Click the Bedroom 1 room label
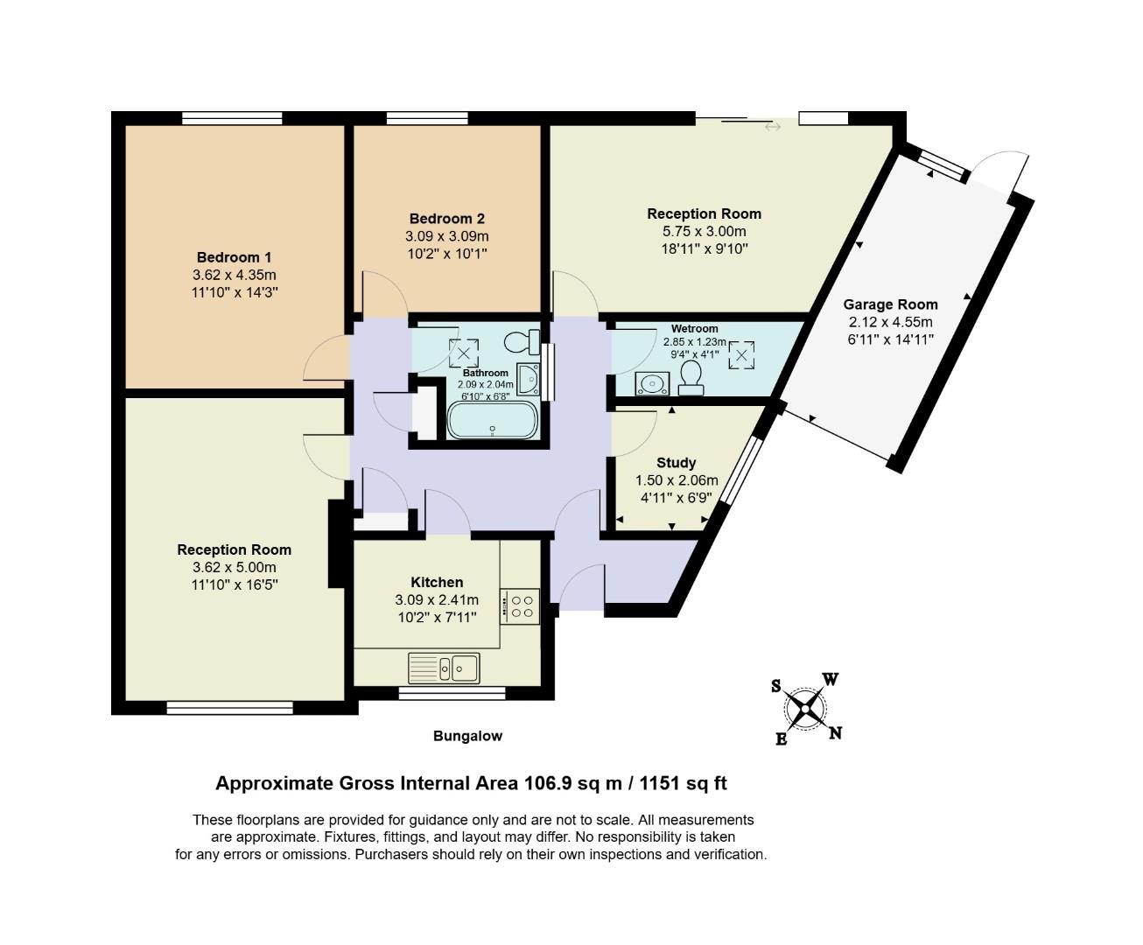(x=234, y=257)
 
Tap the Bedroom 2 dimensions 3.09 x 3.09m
(x=446, y=236)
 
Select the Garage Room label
(x=890, y=304)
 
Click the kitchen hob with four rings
(x=522, y=606)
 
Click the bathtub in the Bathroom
(x=493, y=421)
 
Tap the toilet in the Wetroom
(x=691, y=379)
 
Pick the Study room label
(x=676, y=462)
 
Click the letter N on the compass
(x=835, y=733)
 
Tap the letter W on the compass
(x=831, y=680)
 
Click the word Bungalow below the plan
(x=467, y=736)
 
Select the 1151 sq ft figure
(x=683, y=783)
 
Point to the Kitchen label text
(x=437, y=582)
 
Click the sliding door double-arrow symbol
(x=772, y=128)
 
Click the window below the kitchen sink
(x=452, y=693)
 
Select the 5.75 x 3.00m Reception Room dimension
(x=704, y=231)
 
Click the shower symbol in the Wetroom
(x=741, y=355)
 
